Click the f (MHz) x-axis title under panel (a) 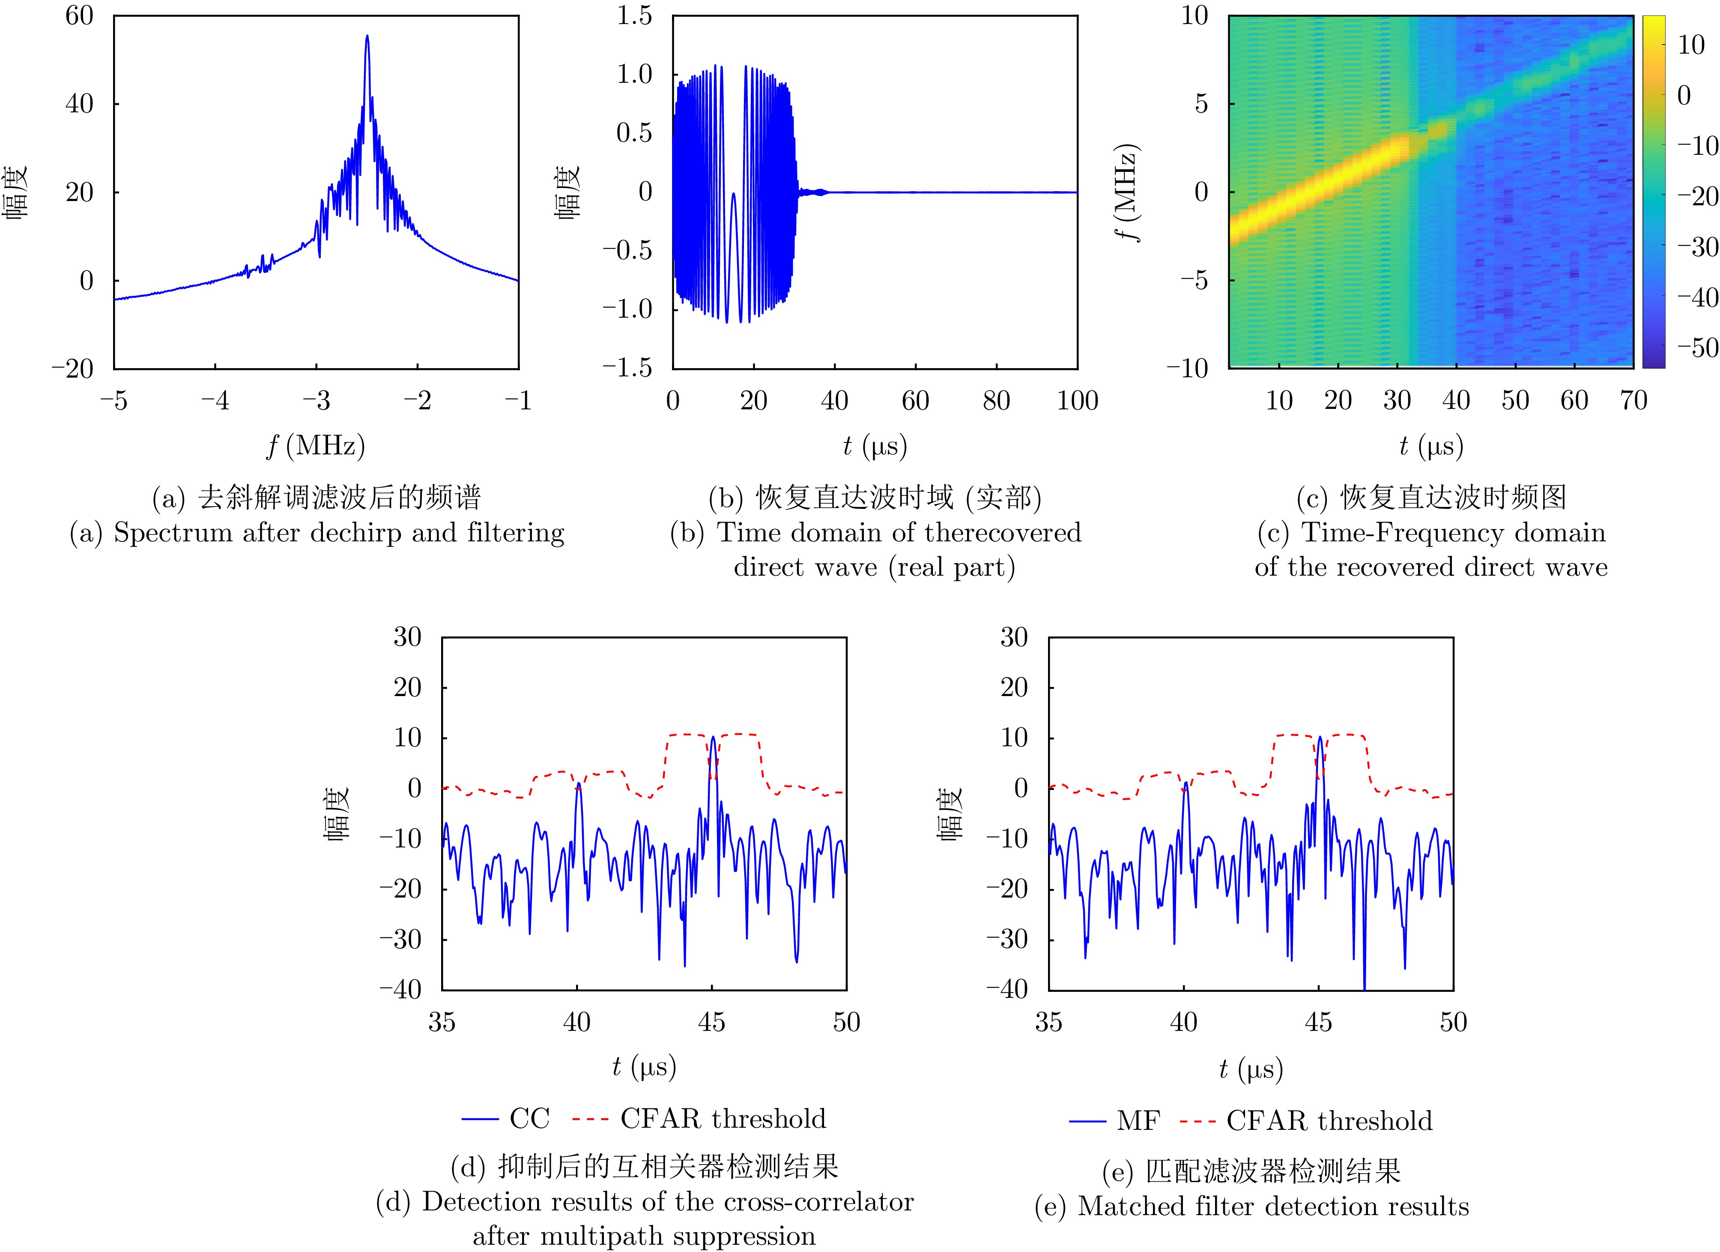[316, 445]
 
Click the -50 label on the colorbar [1692, 348]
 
